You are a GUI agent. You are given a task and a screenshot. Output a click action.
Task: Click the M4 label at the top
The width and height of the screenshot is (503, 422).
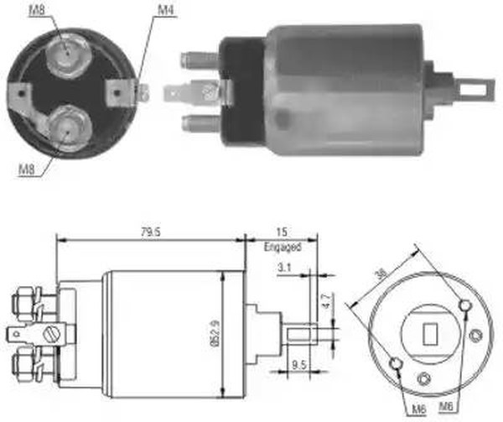point(165,10)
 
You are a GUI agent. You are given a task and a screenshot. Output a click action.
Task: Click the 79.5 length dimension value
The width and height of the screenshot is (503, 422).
point(150,232)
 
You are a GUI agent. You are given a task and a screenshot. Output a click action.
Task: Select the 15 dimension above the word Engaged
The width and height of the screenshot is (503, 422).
point(282,232)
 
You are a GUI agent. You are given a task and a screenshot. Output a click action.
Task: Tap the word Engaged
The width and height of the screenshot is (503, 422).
point(283,247)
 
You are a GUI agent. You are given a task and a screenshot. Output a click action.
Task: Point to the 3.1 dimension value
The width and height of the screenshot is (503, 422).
point(284,267)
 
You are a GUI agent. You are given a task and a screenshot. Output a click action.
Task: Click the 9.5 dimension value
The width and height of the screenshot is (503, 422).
point(299,365)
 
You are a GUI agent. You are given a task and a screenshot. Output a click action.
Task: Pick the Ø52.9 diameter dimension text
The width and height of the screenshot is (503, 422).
point(215,334)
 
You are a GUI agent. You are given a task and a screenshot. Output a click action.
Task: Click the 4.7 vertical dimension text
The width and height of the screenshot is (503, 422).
point(327,300)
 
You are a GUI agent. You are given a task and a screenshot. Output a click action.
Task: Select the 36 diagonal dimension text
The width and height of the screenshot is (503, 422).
point(381,274)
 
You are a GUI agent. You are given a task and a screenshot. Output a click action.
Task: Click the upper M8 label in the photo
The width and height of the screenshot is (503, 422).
point(37,10)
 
